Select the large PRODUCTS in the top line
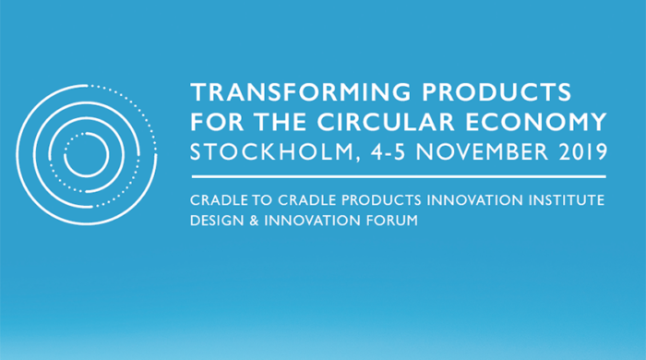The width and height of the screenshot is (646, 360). tap(496, 92)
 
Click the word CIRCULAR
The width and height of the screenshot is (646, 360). tap(386, 122)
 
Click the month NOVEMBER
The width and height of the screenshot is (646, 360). tap(482, 152)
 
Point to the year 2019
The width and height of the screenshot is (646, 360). tap(583, 152)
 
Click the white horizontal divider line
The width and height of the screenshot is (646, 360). tap(399, 176)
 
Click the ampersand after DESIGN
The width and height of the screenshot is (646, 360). tap(254, 221)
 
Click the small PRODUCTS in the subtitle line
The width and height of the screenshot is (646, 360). tap(381, 200)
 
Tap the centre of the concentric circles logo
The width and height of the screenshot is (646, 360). tap(86, 155)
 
